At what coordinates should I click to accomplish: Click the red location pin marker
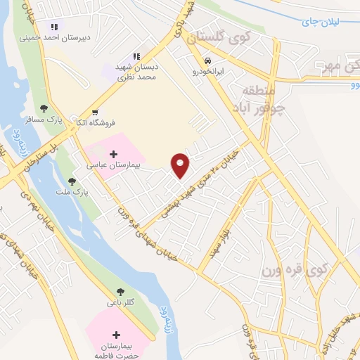click(x=181, y=165)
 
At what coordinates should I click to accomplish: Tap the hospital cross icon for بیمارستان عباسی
click(x=114, y=153)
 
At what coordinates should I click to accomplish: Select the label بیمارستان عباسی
click(x=114, y=166)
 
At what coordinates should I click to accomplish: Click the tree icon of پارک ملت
click(x=72, y=181)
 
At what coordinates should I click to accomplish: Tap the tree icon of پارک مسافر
click(x=44, y=108)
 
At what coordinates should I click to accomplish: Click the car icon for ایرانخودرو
click(x=207, y=60)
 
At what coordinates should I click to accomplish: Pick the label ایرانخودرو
click(x=207, y=71)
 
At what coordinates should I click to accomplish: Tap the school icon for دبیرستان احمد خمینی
click(x=54, y=27)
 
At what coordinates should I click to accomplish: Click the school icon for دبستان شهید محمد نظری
click(x=136, y=56)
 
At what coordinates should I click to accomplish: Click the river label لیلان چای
click(x=320, y=21)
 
